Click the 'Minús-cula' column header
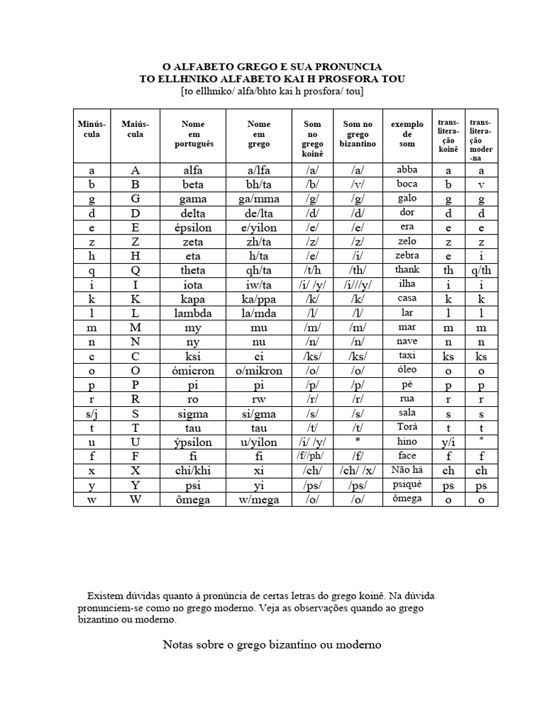pos(92,129)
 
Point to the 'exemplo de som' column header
pos(407,134)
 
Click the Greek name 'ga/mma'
pos(259,199)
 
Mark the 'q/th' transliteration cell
pos(481,270)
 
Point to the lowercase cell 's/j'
pos(92,413)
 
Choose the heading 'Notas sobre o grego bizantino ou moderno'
pos(272,644)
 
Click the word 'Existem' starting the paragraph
pos(105,594)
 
